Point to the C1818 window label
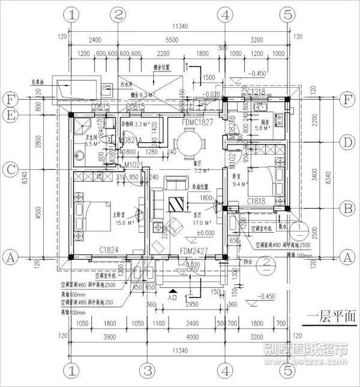(x=257, y=202)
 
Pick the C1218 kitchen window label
(x=257, y=92)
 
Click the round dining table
(x=189, y=144)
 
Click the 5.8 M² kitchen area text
(x=262, y=128)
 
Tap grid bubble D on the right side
(x=346, y=143)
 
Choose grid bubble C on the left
(x=10, y=169)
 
